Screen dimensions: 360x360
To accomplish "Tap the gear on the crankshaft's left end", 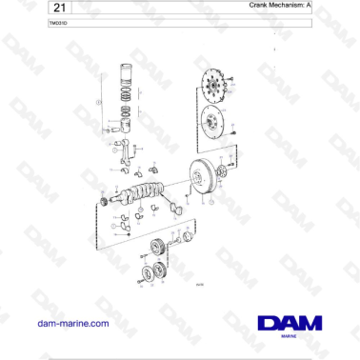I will click(x=102, y=202).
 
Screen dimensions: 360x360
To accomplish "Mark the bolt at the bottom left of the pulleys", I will click(x=139, y=283).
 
